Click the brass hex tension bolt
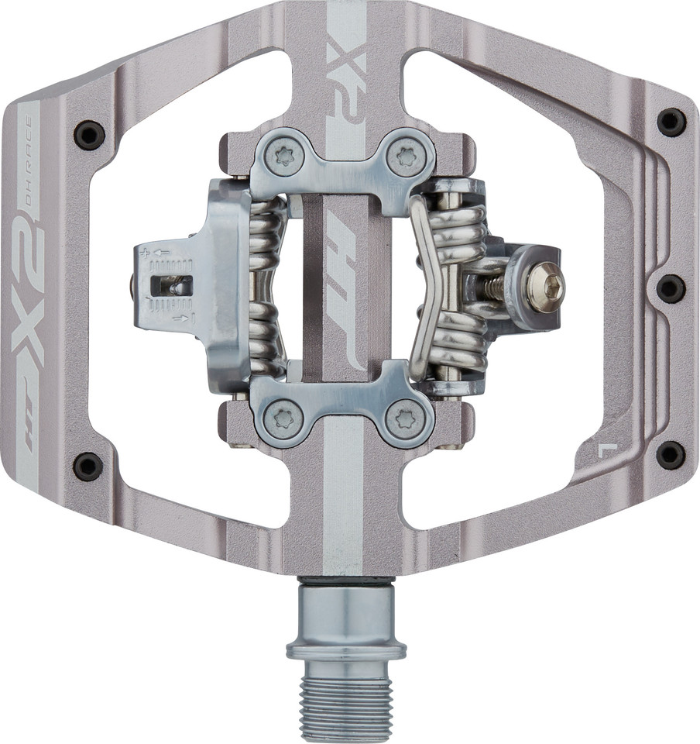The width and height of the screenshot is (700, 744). (545, 287)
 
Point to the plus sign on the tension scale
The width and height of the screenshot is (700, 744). (142, 252)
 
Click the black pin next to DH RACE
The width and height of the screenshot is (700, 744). (89, 136)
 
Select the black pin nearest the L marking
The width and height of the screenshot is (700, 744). (670, 455)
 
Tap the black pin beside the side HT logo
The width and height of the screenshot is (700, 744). (87, 466)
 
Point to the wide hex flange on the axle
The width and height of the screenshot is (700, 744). (345, 646)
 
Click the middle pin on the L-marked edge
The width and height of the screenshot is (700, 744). (670, 288)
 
